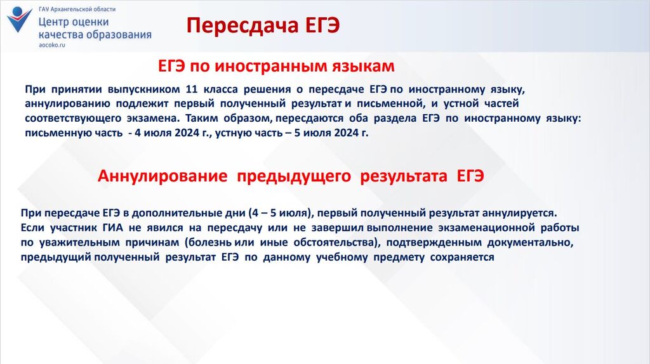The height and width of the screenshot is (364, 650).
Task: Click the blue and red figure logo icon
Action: [x=19, y=20]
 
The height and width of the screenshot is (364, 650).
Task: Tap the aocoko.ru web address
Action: [x=52, y=45]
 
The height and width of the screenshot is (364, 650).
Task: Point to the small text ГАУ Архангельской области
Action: [x=77, y=9]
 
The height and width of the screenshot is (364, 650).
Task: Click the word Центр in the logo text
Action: [x=53, y=22]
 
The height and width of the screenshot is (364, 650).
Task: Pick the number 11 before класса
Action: [x=192, y=89]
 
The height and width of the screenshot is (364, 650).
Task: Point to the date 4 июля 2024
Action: [x=169, y=133]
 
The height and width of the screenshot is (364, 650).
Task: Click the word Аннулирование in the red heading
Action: [x=162, y=176]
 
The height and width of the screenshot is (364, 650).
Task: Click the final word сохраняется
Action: [x=462, y=257]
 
